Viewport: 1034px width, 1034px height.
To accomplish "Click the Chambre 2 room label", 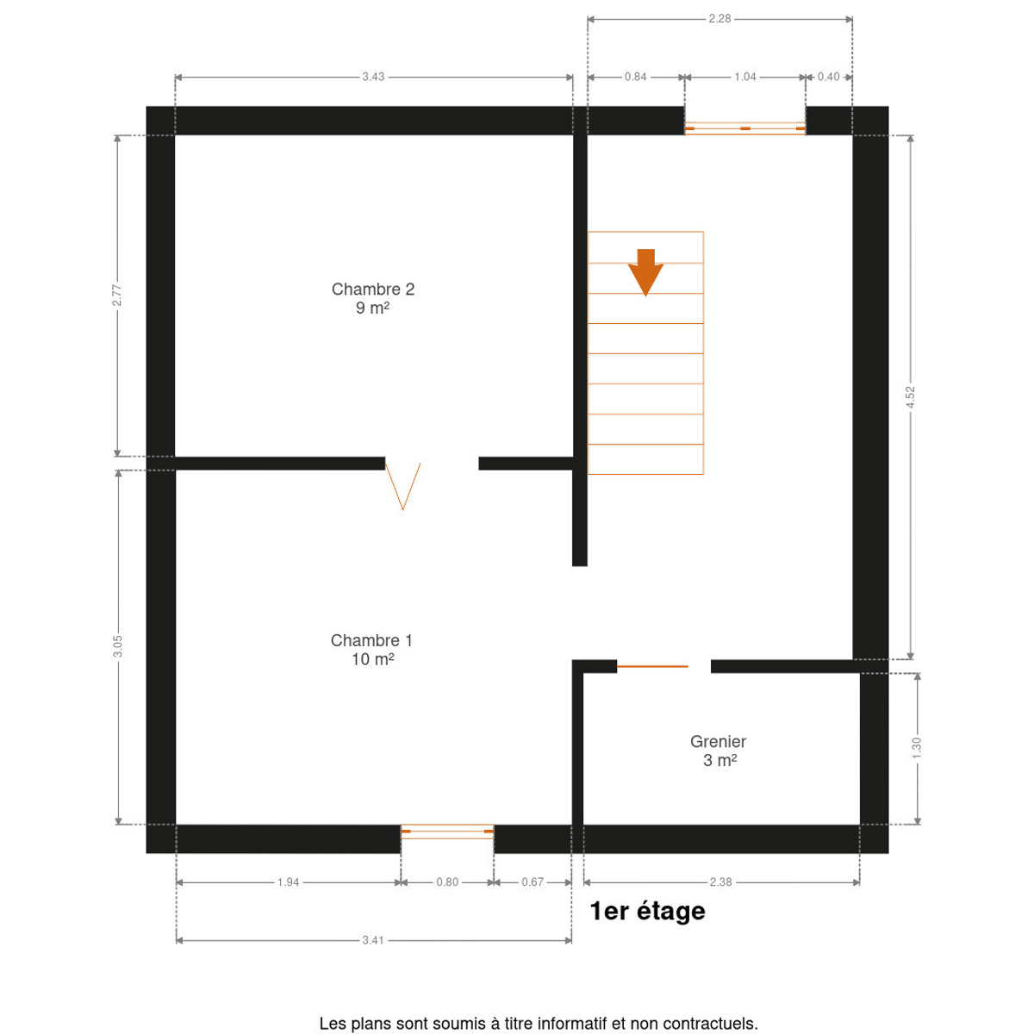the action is click(372, 298).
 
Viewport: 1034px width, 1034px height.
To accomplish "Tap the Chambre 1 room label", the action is click(371, 650).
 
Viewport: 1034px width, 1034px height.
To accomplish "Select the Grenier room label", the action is click(718, 751).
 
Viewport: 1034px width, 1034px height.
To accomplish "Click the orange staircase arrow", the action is click(645, 272).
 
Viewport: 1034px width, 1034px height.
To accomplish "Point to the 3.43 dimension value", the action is click(373, 77).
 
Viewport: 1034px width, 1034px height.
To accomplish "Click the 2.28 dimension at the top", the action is click(719, 19).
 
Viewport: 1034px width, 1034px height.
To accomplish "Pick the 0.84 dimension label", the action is click(635, 77).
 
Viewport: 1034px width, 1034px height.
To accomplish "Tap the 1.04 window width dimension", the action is click(744, 77).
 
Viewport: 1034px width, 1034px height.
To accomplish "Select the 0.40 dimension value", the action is click(828, 77).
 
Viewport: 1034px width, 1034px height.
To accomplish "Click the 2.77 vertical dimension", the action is click(117, 296).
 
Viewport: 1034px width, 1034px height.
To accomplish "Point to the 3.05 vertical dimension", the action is click(117, 646).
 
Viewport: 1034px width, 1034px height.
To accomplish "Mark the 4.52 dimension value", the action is click(911, 397).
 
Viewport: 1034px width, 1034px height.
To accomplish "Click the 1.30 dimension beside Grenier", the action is click(917, 748).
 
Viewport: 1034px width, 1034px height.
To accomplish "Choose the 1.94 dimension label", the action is click(288, 882).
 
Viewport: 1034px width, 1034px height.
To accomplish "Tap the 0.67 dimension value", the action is click(533, 882).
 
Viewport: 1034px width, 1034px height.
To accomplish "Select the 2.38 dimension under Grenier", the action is click(720, 882).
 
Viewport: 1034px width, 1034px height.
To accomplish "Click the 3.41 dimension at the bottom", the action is click(373, 940).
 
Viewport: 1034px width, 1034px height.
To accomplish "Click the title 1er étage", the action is click(648, 911).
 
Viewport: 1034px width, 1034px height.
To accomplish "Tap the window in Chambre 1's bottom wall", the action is click(447, 832).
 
